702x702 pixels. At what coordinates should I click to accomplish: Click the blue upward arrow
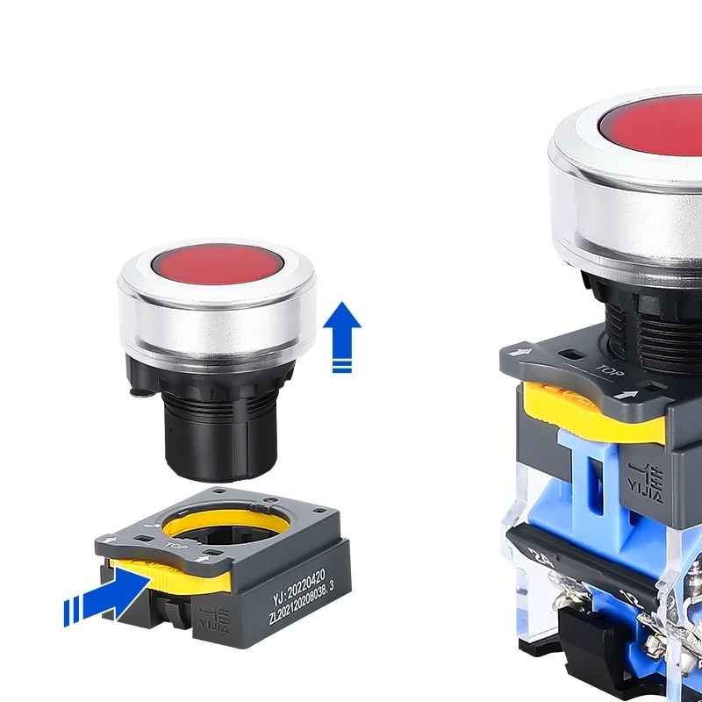(342, 329)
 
